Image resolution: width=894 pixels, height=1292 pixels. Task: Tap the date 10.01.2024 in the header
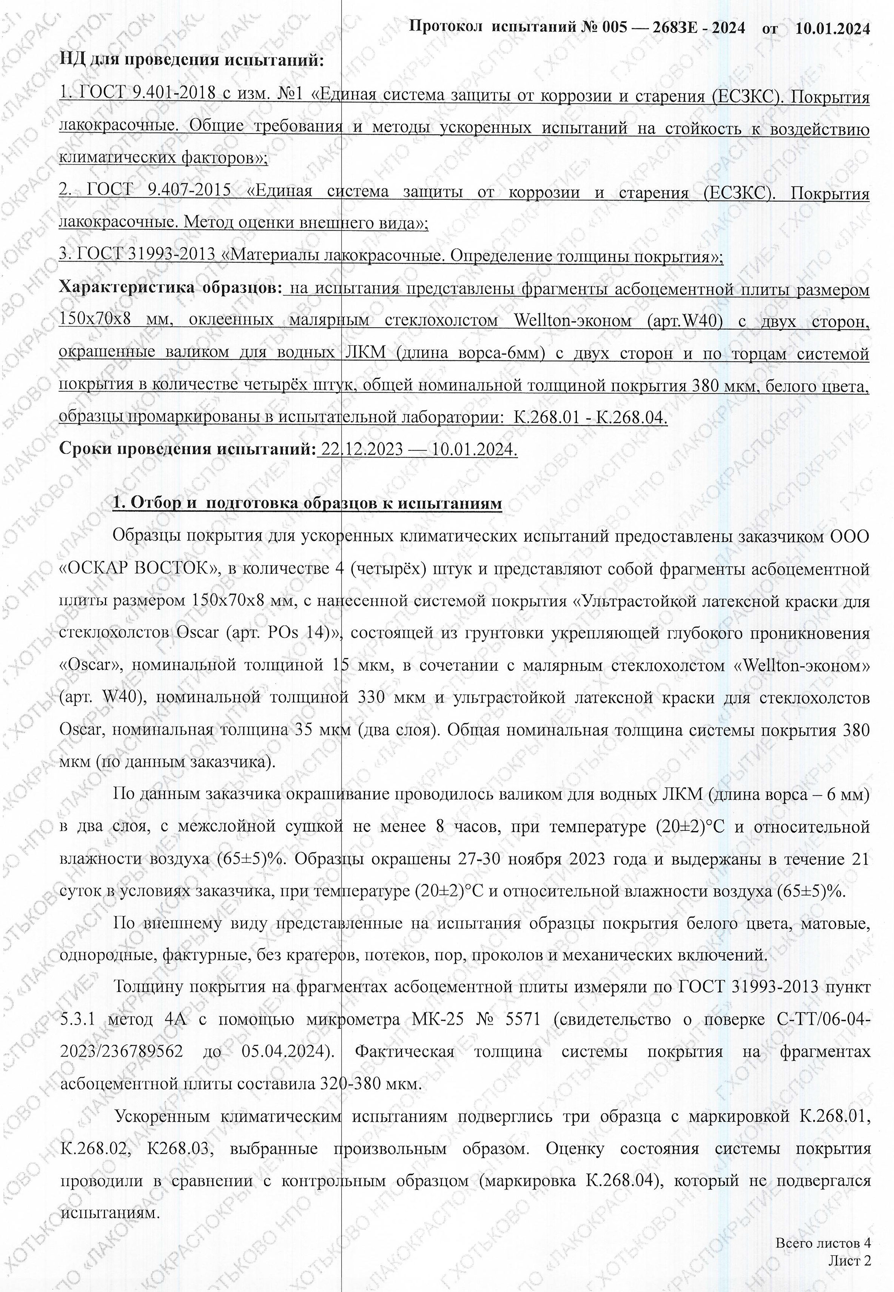[x=832, y=27]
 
